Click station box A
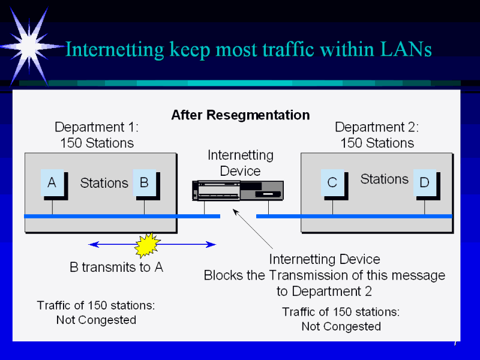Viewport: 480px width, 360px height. (x=52, y=182)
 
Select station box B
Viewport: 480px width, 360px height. (x=144, y=182)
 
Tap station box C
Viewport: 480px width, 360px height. (x=332, y=182)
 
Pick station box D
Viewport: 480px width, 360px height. (x=424, y=183)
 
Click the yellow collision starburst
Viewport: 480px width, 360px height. (x=148, y=244)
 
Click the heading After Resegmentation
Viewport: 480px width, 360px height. (x=241, y=115)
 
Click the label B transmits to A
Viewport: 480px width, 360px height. (x=116, y=268)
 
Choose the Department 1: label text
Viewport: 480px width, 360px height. (x=97, y=127)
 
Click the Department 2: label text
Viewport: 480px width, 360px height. (x=377, y=127)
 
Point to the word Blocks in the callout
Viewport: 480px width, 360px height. (x=224, y=275)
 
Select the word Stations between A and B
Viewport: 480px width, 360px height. (x=104, y=183)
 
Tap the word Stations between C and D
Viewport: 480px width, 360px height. (x=384, y=179)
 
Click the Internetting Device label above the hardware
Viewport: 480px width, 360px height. (x=240, y=163)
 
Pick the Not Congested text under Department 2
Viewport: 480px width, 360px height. (x=341, y=326)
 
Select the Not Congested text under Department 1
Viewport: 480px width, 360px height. (x=96, y=320)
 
